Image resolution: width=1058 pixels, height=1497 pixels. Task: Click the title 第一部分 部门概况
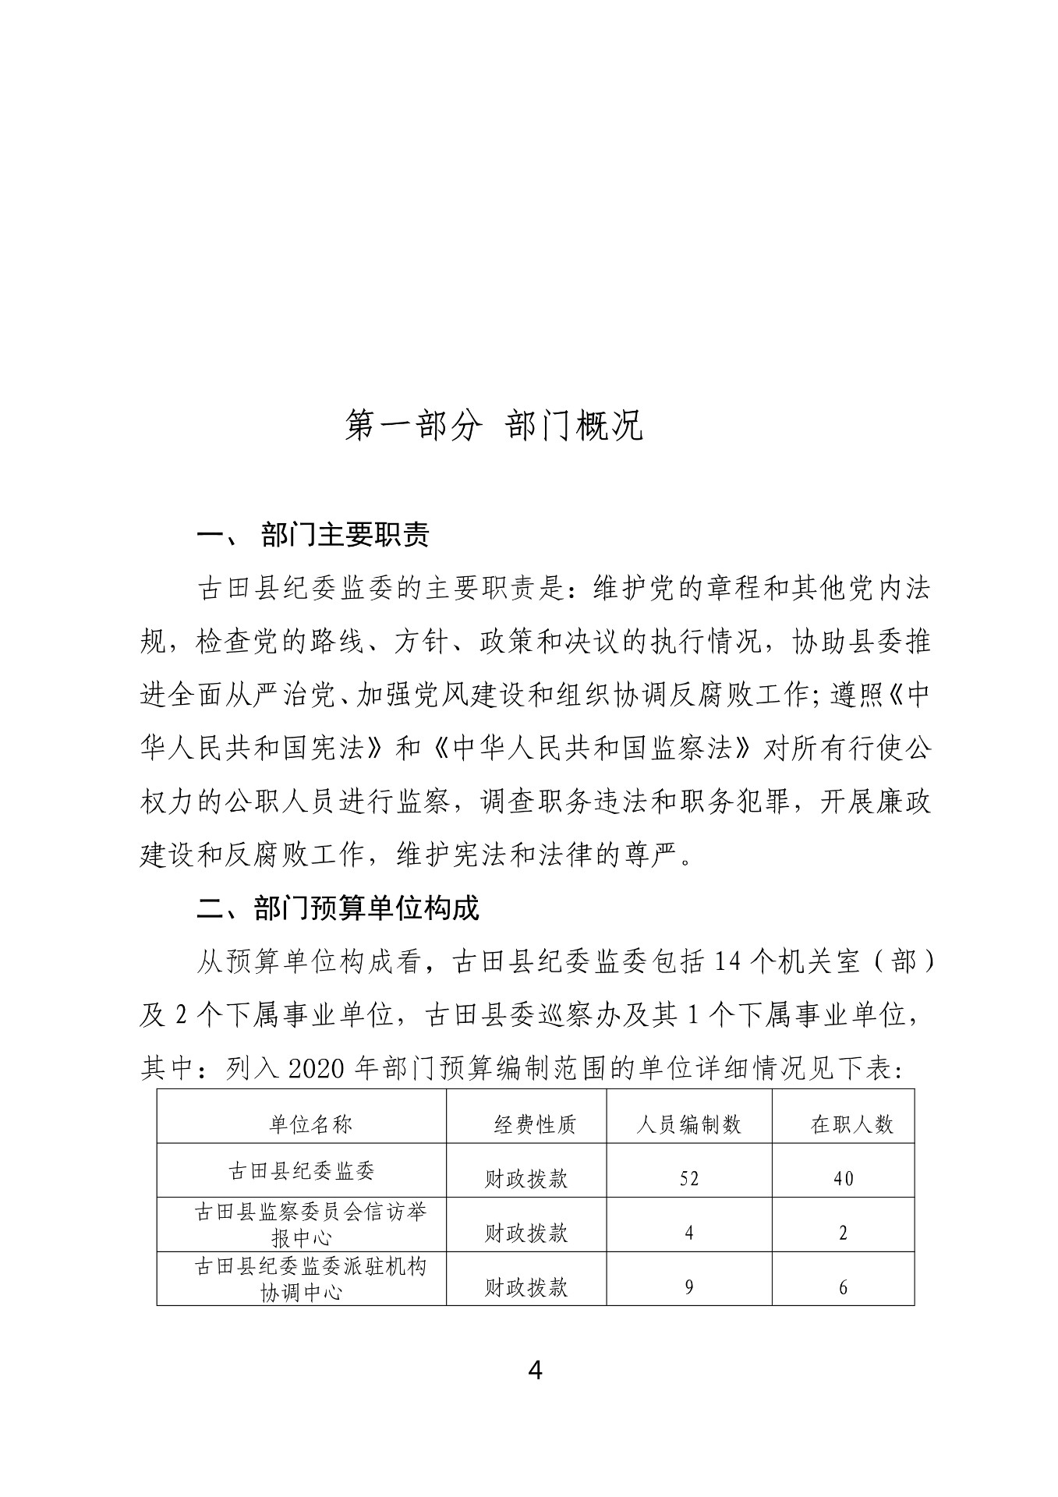[x=494, y=426]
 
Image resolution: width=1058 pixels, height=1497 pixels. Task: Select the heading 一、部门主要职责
[x=313, y=536]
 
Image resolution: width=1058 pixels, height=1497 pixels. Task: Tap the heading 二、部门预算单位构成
[x=338, y=908]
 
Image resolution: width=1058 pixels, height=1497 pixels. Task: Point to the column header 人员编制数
[x=688, y=1124]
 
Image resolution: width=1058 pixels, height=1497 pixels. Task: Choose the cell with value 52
[x=688, y=1178]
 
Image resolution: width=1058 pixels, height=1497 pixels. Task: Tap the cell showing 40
[x=843, y=1178]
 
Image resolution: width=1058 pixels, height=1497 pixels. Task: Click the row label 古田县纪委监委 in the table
[x=301, y=1170]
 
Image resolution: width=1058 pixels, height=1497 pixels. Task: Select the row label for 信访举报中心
[x=310, y=1224]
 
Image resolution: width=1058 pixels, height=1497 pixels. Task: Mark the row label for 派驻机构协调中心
[x=310, y=1279]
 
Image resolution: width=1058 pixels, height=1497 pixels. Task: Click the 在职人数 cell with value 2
[x=843, y=1233]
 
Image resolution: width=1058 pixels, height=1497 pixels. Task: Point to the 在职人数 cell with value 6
[x=843, y=1287]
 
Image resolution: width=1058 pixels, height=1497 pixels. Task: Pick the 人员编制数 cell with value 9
[x=688, y=1287]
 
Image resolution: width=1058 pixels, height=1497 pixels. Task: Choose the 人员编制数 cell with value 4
[x=688, y=1233]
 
